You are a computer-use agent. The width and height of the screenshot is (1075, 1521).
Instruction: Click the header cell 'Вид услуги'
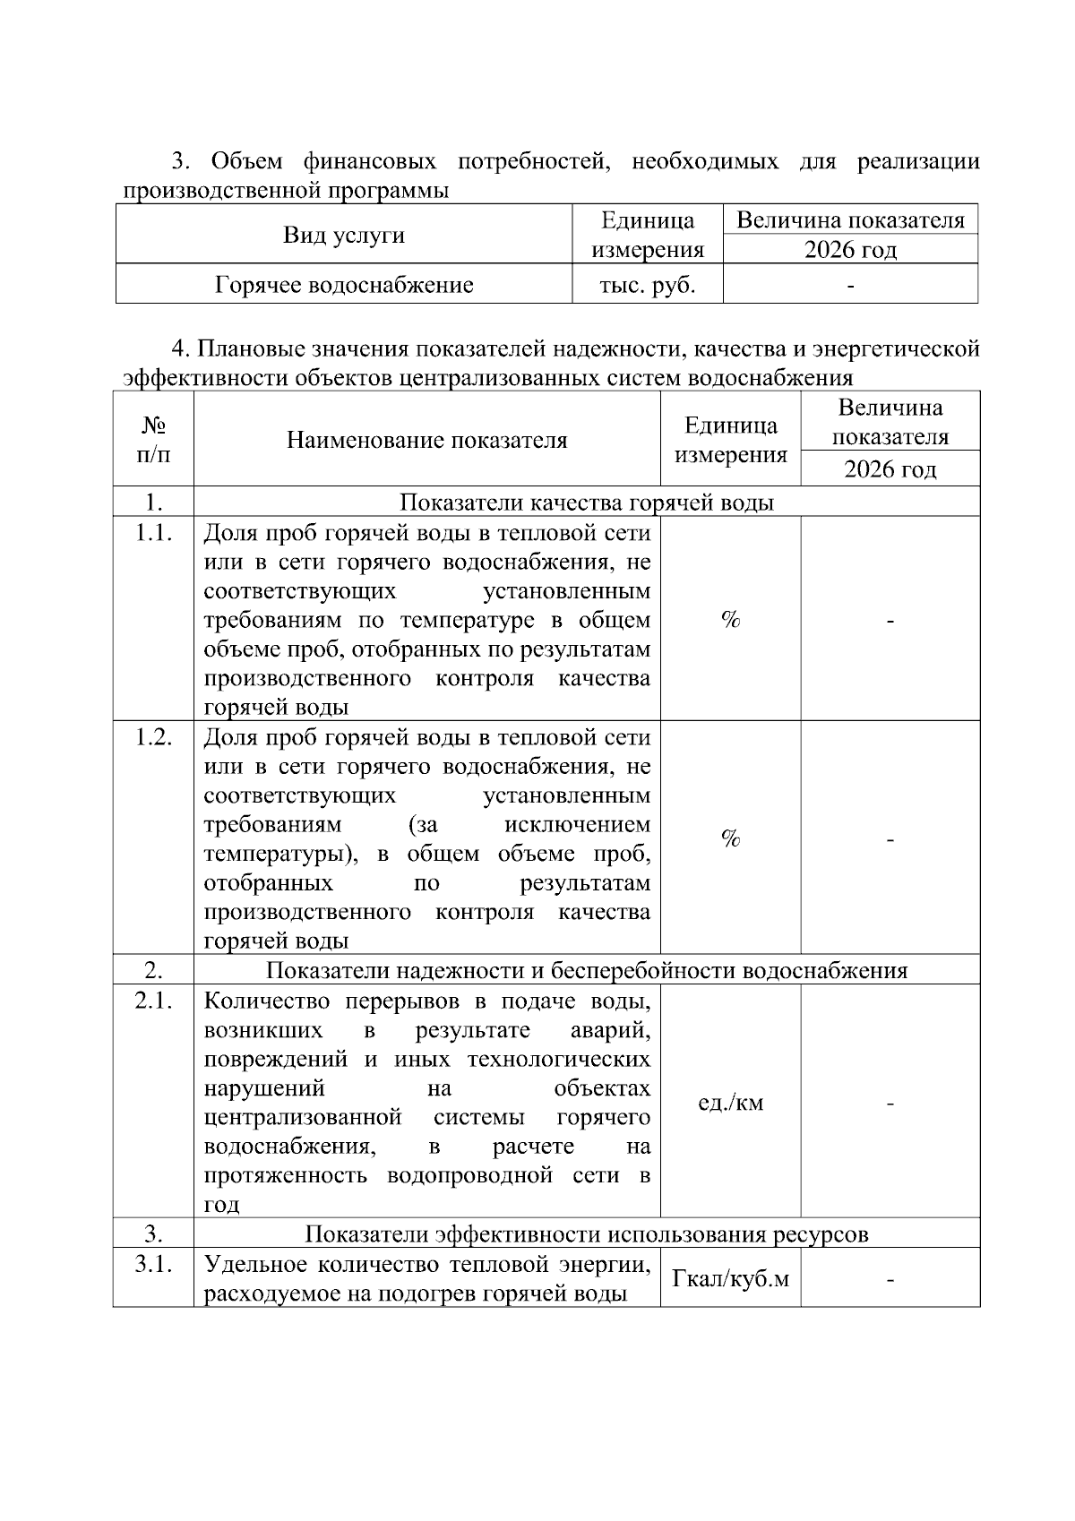(x=344, y=235)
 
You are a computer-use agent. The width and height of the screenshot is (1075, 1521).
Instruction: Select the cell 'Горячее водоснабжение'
(x=344, y=285)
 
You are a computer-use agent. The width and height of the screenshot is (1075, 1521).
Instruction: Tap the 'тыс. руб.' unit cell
(x=647, y=285)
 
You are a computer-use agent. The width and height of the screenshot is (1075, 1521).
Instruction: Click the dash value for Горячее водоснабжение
(x=850, y=286)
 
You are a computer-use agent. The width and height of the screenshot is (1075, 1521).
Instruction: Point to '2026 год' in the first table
(x=850, y=249)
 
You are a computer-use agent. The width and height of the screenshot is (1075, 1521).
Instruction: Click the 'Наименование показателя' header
(x=426, y=440)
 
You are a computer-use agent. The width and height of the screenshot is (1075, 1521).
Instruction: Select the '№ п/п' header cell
(x=153, y=439)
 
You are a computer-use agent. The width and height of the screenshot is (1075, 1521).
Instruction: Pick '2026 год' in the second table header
(x=890, y=468)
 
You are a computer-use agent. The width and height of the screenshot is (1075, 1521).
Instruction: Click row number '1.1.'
(x=153, y=534)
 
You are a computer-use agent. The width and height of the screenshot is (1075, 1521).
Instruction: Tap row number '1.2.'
(x=153, y=738)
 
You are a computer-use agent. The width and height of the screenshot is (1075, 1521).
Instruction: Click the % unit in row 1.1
(x=730, y=619)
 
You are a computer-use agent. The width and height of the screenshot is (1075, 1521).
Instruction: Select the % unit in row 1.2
(x=730, y=838)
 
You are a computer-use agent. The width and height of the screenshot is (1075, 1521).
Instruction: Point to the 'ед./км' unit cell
(x=730, y=1103)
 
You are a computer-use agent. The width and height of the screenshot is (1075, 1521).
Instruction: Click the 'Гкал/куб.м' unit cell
(x=730, y=1278)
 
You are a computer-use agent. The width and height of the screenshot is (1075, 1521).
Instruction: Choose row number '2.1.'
(x=153, y=1001)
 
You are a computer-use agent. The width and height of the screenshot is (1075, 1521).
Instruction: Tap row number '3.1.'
(x=153, y=1264)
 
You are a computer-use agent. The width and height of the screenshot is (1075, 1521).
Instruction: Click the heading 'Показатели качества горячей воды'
(x=586, y=502)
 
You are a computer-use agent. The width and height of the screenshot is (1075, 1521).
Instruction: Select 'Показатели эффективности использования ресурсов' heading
(x=586, y=1233)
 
